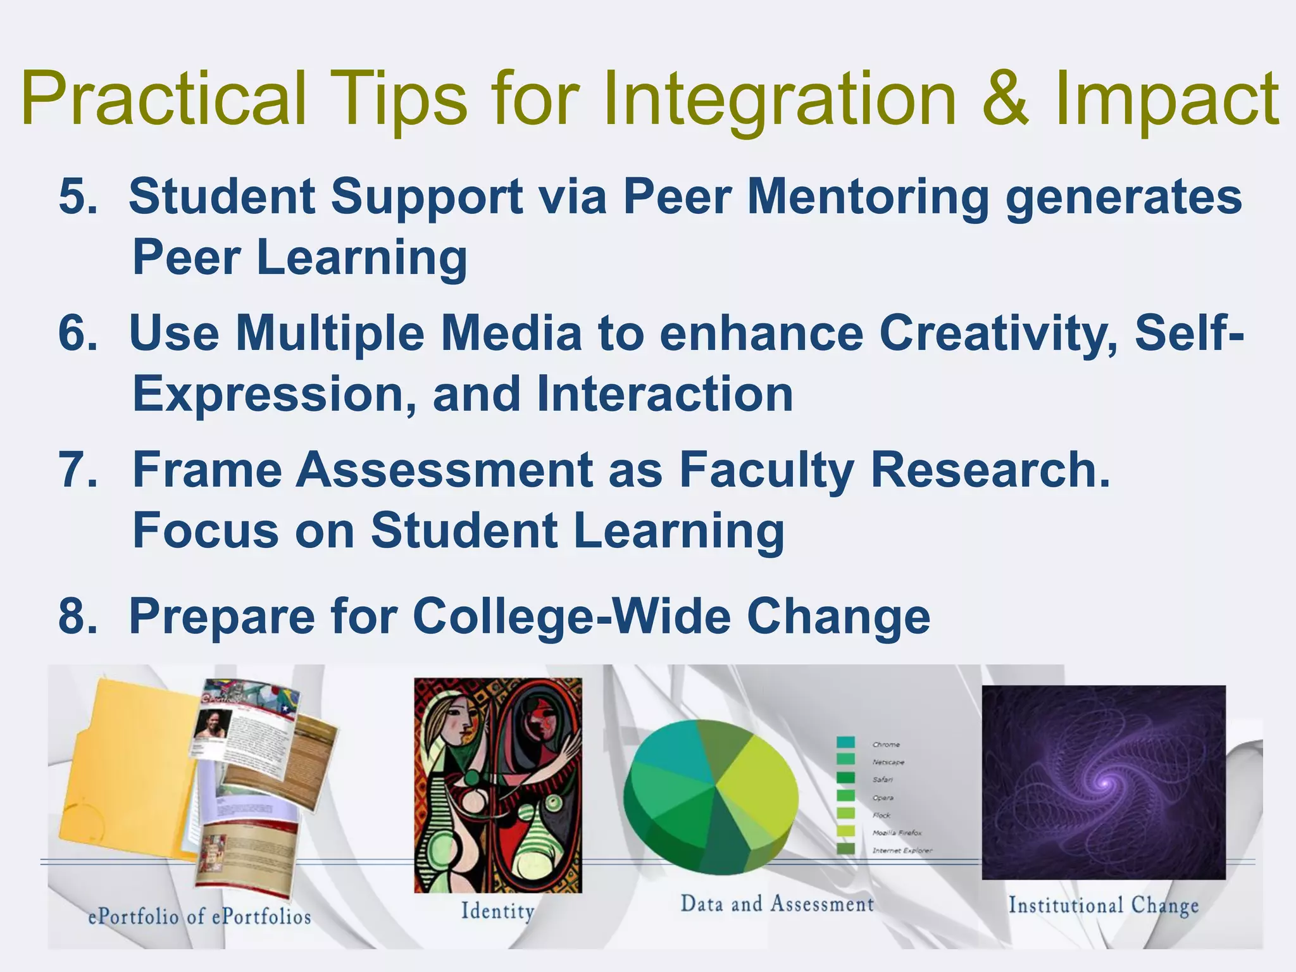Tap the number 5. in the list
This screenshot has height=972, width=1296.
pyautogui.click(x=78, y=197)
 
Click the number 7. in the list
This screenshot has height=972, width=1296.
pyautogui.click(x=78, y=470)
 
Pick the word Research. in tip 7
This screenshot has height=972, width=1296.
pyautogui.click(x=990, y=470)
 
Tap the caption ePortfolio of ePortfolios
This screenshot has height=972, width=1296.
pyautogui.click(x=199, y=916)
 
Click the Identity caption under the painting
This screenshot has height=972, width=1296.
pyautogui.click(x=497, y=911)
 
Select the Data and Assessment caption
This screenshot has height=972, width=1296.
pyautogui.click(x=777, y=904)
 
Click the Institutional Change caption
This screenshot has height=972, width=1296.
pyautogui.click(x=1103, y=905)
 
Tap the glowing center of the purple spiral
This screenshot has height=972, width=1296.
pyautogui.click(x=1105, y=783)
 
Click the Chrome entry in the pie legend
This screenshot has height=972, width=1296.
pyautogui.click(x=886, y=744)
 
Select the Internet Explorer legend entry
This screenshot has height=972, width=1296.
pyautogui.click(x=902, y=850)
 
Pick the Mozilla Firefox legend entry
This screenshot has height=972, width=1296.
pyautogui.click(x=897, y=833)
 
